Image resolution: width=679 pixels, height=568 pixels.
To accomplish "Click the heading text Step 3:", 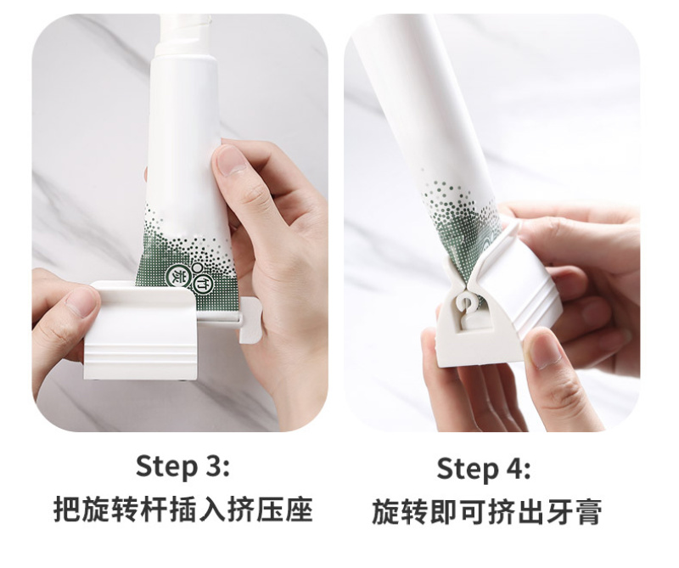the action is pyautogui.click(x=182, y=467).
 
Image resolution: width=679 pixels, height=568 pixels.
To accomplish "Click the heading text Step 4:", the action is pyautogui.click(x=483, y=469).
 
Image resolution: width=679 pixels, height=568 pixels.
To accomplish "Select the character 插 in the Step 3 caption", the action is pyautogui.click(x=182, y=510).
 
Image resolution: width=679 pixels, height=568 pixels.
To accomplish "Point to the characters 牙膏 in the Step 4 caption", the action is pyautogui.click(x=575, y=511).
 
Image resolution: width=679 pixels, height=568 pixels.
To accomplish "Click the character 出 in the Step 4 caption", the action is pyautogui.click(x=531, y=511).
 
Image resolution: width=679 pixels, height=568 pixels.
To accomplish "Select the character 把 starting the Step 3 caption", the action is pyautogui.click(x=66, y=510).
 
